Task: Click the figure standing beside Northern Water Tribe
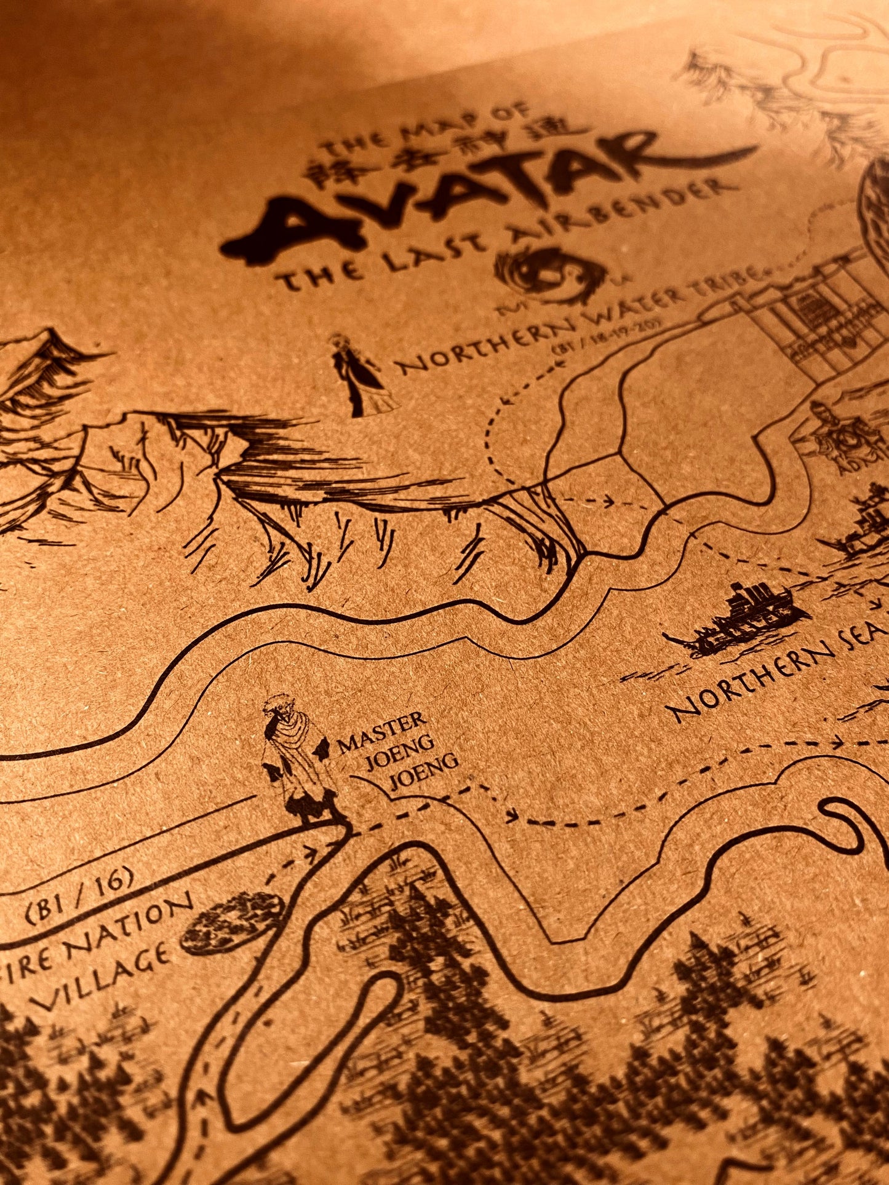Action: tap(357, 375)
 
